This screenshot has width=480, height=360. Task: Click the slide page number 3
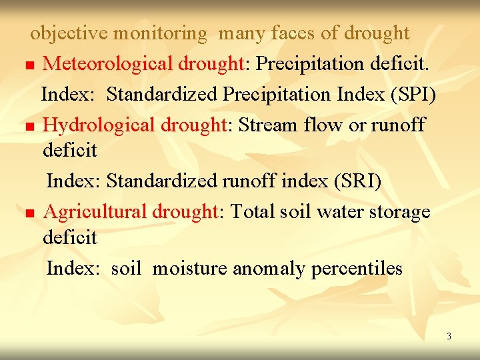(449, 336)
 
